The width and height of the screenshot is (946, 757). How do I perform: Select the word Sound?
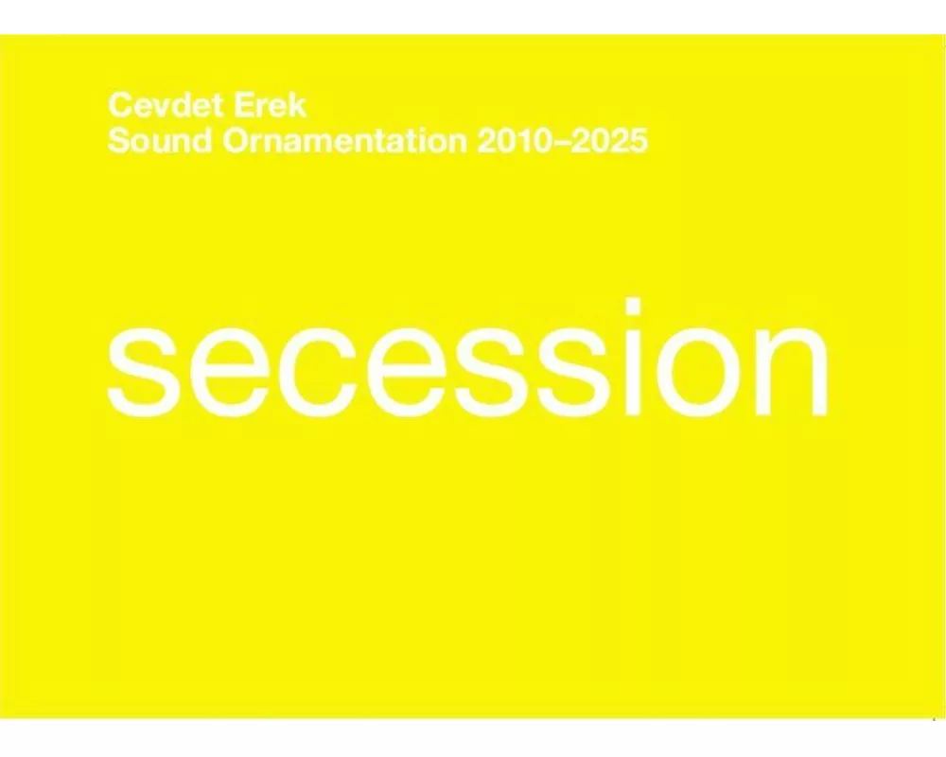(161, 142)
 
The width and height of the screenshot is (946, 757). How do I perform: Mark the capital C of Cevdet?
(119, 105)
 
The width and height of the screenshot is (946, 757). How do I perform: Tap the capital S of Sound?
(119, 142)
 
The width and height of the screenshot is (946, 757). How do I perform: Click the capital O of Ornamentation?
(236, 142)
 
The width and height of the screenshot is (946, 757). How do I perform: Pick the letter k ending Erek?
(297, 105)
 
